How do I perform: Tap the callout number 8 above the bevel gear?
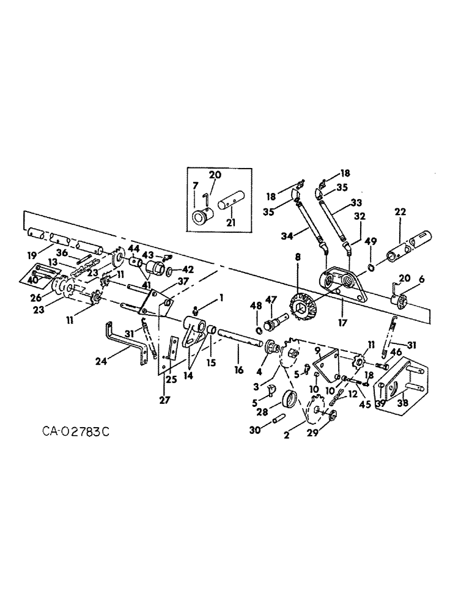(x=297, y=258)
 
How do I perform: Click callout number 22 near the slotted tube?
(x=400, y=212)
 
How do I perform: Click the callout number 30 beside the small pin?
(x=255, y=430)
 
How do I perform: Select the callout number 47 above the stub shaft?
(x=271, y=301)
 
